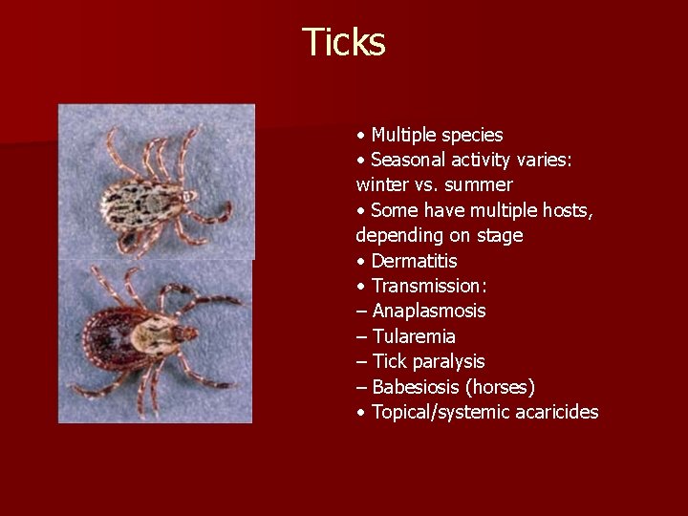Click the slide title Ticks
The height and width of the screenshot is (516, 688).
[343, 42]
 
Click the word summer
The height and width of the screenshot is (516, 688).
[481, 184]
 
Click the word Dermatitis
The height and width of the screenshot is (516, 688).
[415, 261]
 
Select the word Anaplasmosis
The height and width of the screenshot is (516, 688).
[429, 312]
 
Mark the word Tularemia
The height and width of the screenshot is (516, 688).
[414, 336]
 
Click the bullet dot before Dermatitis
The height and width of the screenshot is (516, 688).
[359, 261]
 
